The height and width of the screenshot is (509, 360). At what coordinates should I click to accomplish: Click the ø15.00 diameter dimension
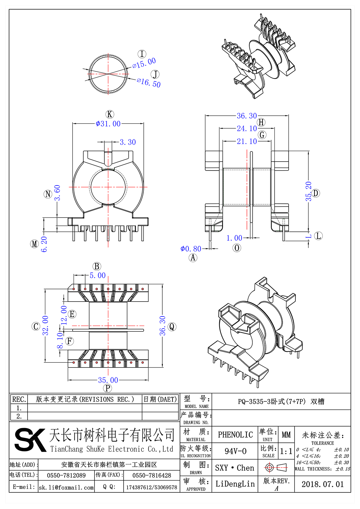point(144,63)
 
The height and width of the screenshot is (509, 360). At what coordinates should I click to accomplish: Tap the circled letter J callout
point(155,74)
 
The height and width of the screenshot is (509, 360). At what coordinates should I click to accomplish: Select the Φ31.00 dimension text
point(108,124)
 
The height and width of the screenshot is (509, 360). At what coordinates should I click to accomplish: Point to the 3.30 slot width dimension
point(128,142)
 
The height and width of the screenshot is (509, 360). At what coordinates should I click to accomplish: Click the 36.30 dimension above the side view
point(247,116)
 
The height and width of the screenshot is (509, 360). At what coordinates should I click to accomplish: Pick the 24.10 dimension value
point(247,129)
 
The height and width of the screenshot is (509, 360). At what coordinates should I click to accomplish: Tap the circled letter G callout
point(262,135)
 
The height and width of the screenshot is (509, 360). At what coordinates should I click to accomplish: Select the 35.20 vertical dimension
point(309,191)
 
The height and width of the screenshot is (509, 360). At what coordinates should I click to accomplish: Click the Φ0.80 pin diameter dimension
point(191,249)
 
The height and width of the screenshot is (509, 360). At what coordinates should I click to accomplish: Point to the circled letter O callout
point(237,248)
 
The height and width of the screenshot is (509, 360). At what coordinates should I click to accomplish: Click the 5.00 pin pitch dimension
point(97,275)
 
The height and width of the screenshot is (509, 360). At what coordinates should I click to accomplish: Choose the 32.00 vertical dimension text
point(45,325)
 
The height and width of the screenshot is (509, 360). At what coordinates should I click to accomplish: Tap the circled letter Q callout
point(172,327)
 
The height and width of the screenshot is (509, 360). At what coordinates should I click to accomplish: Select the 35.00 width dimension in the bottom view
point(108,380)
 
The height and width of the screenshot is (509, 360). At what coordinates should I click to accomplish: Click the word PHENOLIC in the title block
point(235,435)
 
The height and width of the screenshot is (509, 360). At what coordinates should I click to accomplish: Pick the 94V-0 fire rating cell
point(235,451)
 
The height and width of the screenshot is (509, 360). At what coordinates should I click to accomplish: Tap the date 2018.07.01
point(322,484)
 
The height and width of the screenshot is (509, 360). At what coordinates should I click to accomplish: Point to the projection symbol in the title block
point(276,467)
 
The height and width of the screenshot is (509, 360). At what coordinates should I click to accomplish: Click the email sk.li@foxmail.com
point(66,487)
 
